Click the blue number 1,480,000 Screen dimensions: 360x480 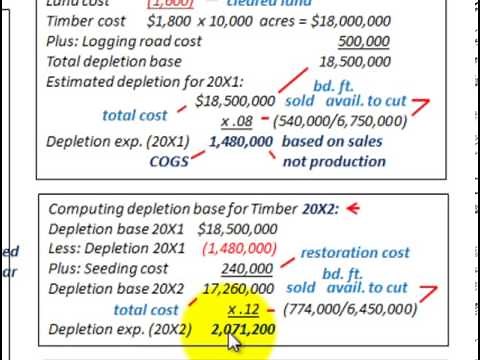click(241, 142)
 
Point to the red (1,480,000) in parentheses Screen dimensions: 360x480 click(241, 247)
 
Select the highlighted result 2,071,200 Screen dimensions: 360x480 click(244, 328)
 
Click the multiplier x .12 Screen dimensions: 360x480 click(243, 309)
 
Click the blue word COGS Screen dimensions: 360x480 click(169, 160)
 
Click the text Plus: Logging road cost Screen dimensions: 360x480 click(124, 42)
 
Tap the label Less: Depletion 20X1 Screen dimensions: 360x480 click(112, 247)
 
